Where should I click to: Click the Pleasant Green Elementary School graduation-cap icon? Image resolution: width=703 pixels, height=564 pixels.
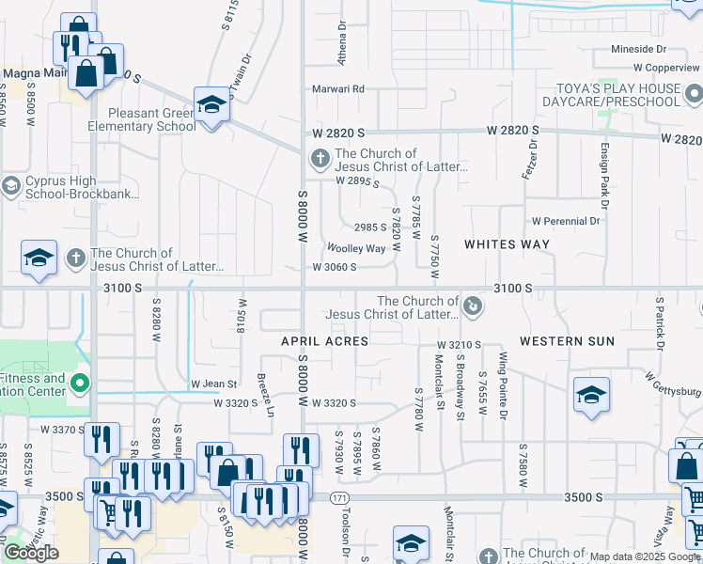point(212,104)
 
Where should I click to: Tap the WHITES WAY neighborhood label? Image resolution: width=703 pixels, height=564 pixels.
point(507,244)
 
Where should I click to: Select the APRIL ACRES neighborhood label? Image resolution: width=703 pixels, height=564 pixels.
point(324,341)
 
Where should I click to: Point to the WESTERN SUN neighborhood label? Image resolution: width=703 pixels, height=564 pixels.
point(567,341)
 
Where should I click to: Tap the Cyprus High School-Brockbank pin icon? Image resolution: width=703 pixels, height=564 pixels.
point(11,185)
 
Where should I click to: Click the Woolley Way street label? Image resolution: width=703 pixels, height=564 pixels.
point(355,249)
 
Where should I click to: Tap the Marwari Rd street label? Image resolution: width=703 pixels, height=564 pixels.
point(338,89)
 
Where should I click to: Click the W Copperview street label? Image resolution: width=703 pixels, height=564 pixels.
point(666,68)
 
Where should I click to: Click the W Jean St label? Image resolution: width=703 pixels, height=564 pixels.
point(213,384)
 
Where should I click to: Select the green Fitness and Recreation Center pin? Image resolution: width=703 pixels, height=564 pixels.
point(80,383)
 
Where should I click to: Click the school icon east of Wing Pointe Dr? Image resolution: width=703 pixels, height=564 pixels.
point(590,396)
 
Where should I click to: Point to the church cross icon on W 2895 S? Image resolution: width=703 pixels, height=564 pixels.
point(320,159)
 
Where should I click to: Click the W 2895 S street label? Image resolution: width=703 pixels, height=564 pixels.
point(358,180)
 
